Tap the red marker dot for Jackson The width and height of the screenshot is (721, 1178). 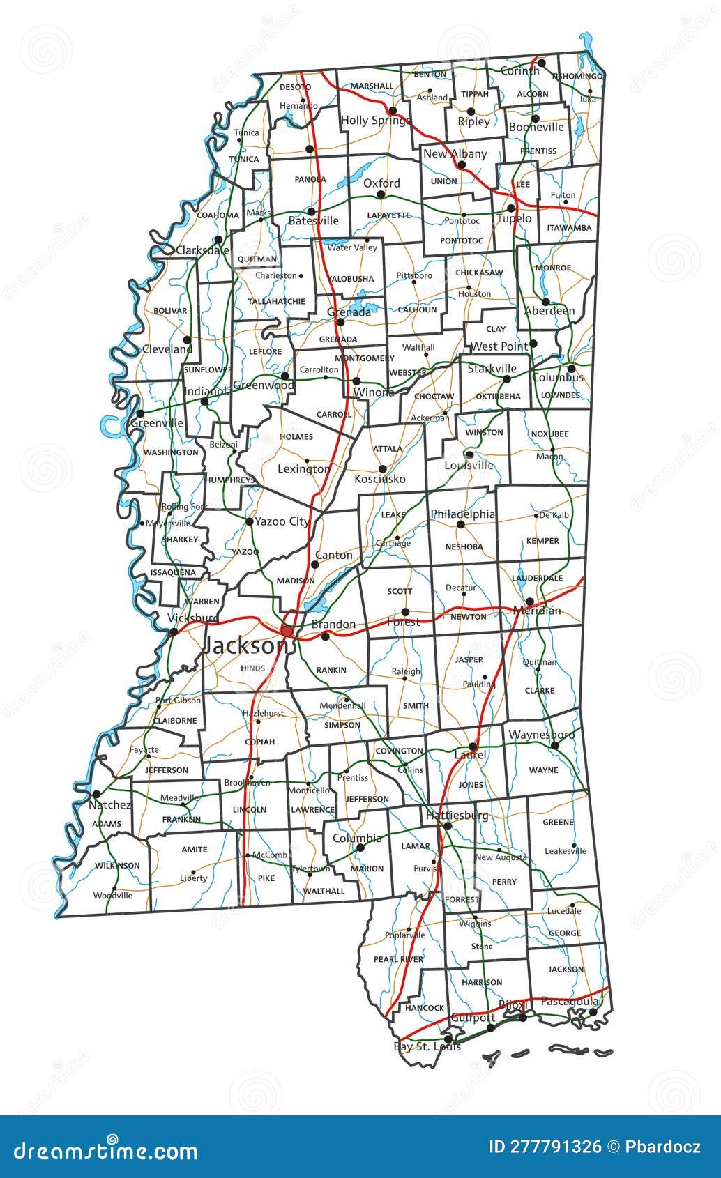coord(287,631)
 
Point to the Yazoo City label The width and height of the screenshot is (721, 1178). coord(282,521)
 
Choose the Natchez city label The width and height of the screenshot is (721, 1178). coord(110,804)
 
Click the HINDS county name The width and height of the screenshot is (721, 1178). coord(252,668)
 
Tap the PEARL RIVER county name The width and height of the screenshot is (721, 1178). coord(398,959)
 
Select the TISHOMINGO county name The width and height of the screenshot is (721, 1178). coord(577,76)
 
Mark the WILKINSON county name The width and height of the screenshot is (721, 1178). coord(117,865)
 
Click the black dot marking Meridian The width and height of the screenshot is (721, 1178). coord(530,601)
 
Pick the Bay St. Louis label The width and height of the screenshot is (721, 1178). coord(427,1046)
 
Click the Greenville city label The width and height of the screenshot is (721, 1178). coord(157,422)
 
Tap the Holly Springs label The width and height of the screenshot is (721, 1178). coord(375,121)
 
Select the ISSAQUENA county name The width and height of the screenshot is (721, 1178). coord(173,572)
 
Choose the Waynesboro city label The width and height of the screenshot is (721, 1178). coord(542,735)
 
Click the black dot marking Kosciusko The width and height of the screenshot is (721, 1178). coord(382,469)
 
